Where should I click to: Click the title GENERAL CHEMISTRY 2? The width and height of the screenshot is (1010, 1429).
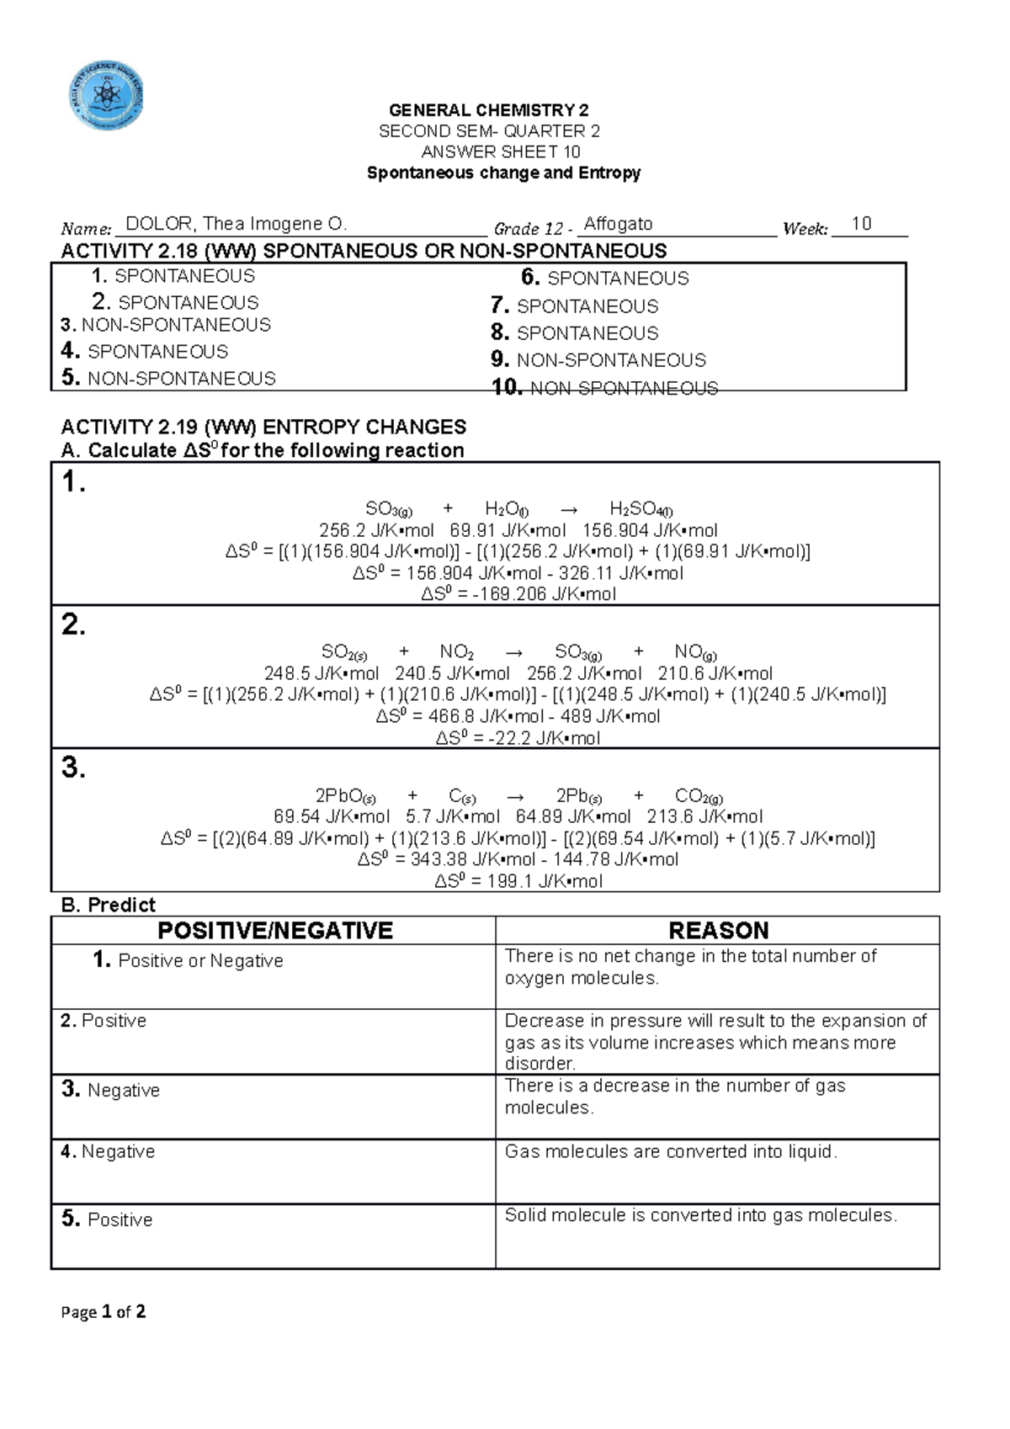pyautogui.click(x=488, y=110)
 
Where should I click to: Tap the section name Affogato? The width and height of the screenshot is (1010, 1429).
pyautogui.click(x=618, y=224)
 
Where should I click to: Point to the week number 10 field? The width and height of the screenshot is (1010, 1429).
pyautogui.click(x=861, y=224)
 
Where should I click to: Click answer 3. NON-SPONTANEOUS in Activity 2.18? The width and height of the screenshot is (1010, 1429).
pyautogui.click(x=166, y=325)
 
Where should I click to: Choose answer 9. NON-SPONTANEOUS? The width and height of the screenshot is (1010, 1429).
pyautogui.click(x=598, y=360)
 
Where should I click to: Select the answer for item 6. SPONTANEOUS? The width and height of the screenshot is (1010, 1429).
pyautogui.click(x=605, y=279)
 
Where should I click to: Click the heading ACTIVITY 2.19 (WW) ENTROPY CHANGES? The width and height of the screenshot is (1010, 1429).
pyautogui.click(x=263, y=427)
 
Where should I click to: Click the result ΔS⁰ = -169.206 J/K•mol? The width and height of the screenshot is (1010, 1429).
pyautogui.click(x=518, y=594)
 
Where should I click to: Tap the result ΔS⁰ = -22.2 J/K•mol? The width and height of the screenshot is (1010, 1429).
pyautogui.click(x=518, y=739)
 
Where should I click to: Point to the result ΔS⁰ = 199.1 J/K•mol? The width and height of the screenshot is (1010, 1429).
pyautogui.click(x=518, y=882)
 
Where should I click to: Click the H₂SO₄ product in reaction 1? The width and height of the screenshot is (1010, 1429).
pyautogui.click(x=641, y=509)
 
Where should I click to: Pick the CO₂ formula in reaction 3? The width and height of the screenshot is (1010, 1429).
pyautogui.click(x=698, y=796)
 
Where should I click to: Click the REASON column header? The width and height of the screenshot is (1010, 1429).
pyautogui.click(x=718, y=930)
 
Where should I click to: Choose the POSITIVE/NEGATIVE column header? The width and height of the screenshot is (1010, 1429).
pyautogui.click(x=275, y=930)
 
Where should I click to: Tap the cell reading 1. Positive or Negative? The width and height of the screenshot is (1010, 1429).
pyautogui.click(x=189, y=961)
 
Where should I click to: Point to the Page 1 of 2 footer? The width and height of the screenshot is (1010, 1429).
pyautogui.click(x=104, y=1312)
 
